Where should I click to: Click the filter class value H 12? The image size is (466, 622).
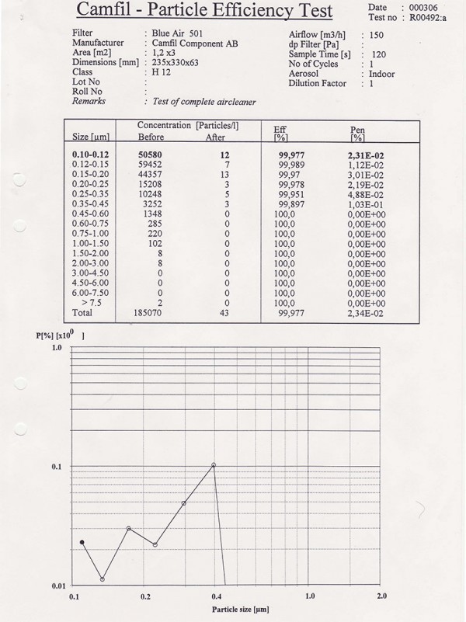pos(162,71)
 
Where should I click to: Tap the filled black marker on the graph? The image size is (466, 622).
pos(82,541)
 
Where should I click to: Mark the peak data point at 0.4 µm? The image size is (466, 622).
pos(214,464)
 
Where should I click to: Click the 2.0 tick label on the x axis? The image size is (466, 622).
pos(381,596)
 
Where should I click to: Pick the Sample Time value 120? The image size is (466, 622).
pos(378,55)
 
